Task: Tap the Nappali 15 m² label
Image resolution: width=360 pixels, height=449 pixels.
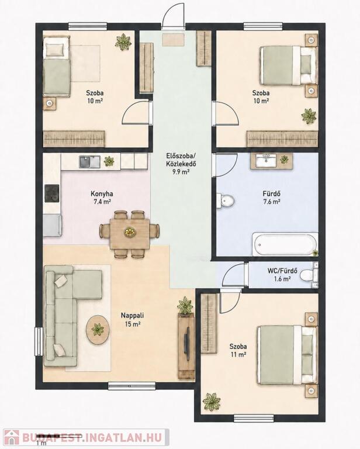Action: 132,320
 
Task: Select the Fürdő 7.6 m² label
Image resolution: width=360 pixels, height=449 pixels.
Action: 272,198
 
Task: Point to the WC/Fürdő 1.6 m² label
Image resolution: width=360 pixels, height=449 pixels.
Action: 282,275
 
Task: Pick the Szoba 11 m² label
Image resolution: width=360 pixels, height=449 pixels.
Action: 238,351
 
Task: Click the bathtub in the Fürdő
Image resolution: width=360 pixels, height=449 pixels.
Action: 285,244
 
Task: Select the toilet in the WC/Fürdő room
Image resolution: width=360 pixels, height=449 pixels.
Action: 308,275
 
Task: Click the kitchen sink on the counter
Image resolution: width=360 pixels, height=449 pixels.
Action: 89,162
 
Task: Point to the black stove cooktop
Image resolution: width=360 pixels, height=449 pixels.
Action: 52,194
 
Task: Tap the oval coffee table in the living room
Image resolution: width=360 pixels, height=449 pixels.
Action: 98,330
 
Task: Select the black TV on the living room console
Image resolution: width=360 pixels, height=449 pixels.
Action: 186,343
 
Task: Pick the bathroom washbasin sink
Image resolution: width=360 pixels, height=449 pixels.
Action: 266,161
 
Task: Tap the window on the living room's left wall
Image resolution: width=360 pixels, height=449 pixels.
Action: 39,341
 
